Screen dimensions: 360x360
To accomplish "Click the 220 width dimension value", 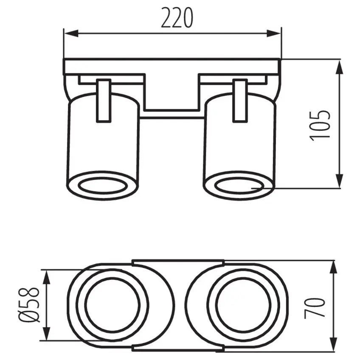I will pyautogui.click(x=177, y=18).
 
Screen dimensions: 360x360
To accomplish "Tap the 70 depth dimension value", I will pyautogui.click(x=315, y=307).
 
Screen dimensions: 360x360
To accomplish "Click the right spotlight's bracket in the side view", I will pyautogui.click(x=240, y=101).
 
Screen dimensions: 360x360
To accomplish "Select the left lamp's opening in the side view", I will pyautogui.click(x=103, y=185).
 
